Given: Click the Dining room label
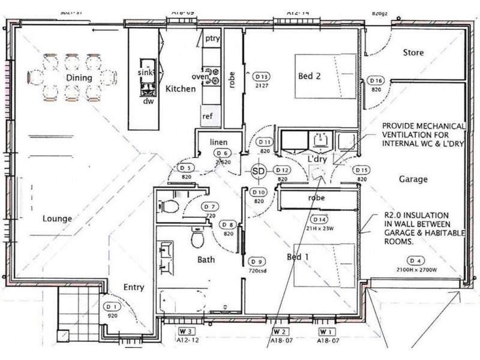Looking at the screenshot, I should pos(79,77).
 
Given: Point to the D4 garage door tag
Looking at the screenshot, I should pos(415,260).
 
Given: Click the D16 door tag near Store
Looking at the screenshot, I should pos(376,80).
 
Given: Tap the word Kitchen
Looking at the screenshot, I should pos(181,89).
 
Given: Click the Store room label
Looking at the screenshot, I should pos(413,53).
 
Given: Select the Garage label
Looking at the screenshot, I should pos(413,179).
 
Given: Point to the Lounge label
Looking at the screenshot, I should pos(58,218).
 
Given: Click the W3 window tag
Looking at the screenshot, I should pos(185,331).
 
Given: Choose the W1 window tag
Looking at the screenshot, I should pos(326,331).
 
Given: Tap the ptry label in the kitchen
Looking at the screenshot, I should pos(213,38).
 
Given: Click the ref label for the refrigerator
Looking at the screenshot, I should pos(208,116).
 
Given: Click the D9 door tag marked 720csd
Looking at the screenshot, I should pos(257,262).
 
